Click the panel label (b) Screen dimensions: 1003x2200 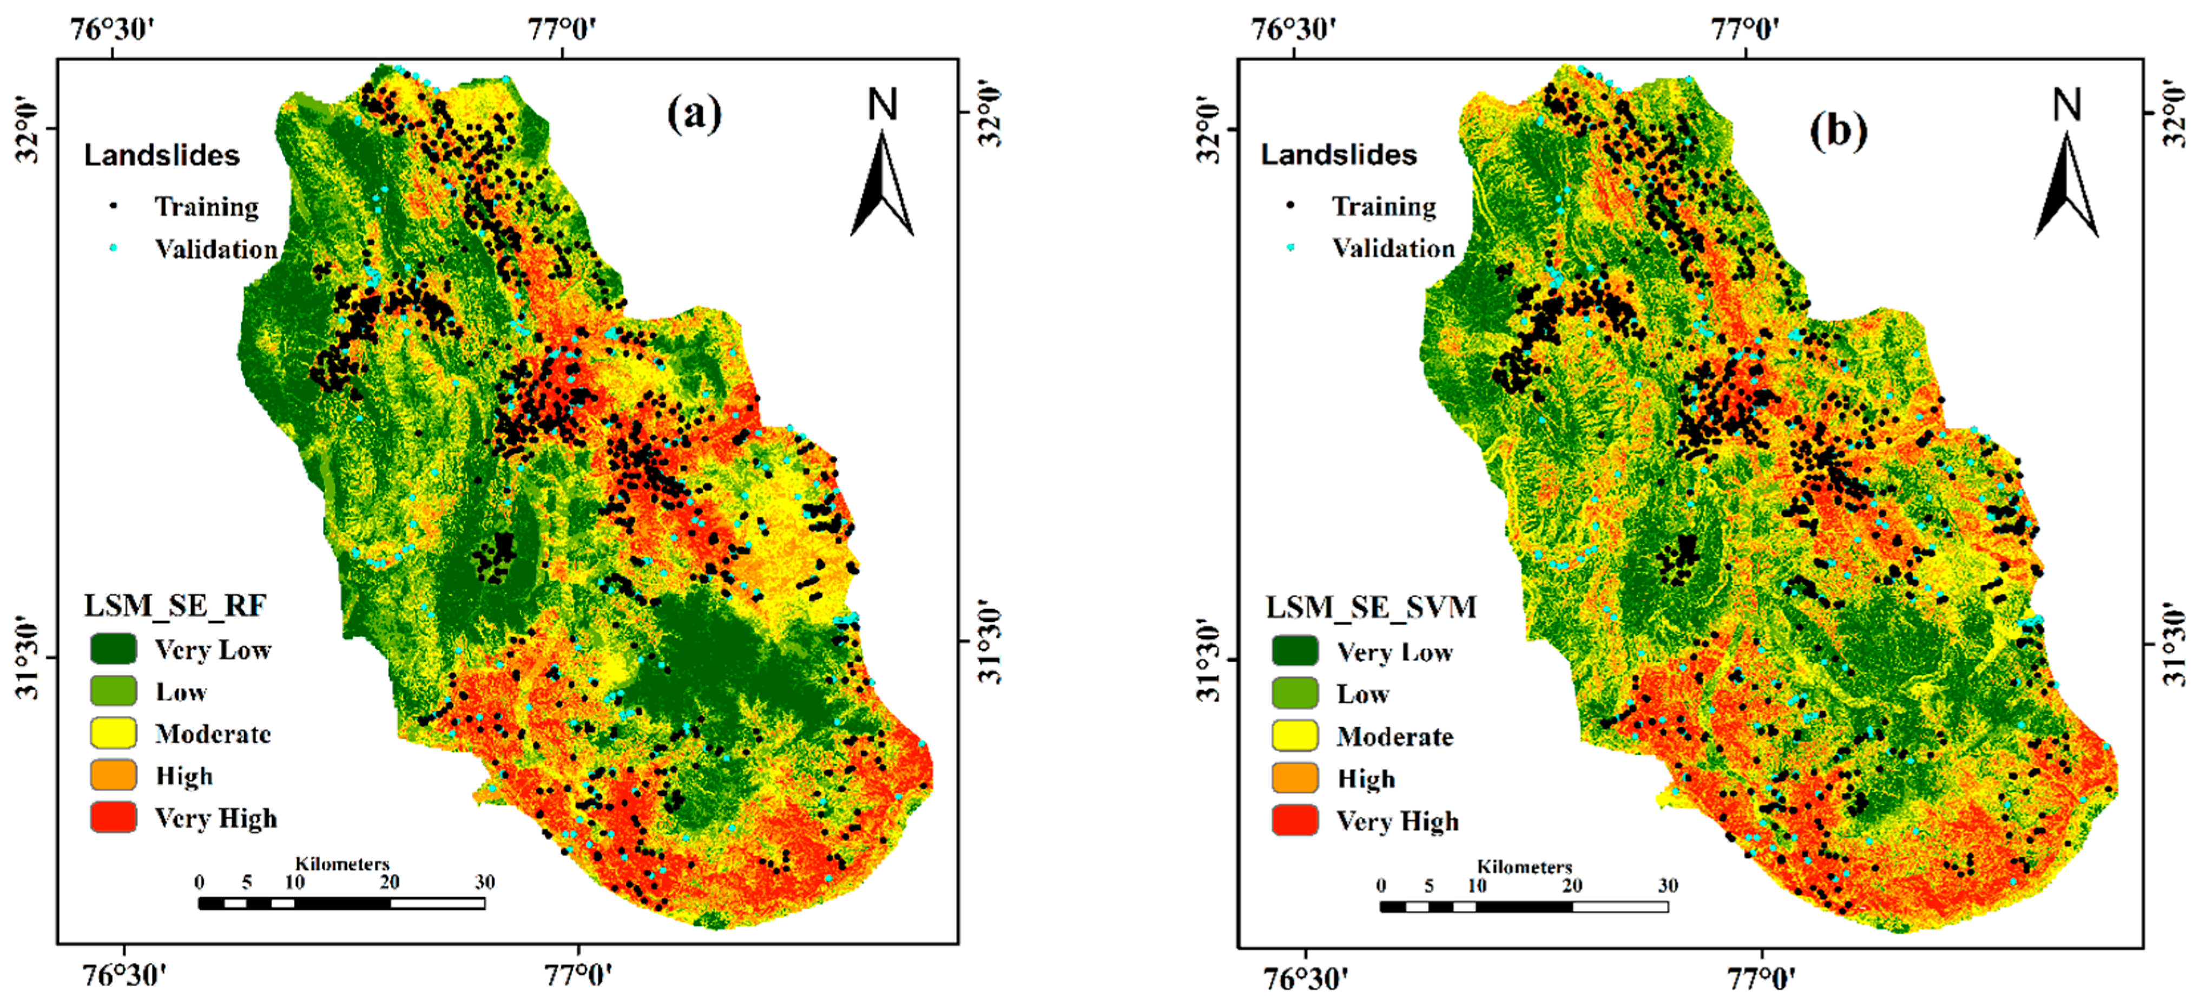tap(1838, 130)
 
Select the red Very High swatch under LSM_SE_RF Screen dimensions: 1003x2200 tap(114, 817)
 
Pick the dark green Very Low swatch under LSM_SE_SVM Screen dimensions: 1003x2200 tap(1295, 651)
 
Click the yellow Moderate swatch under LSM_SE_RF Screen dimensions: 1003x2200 tap(114, 733)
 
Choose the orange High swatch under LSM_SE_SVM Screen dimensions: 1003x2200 tap(1295, 778)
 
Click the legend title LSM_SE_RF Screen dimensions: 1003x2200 tap(175, 606)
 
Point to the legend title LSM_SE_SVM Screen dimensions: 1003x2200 tap(1371, 607)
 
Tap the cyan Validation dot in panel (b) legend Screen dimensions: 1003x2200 tap(1290, 248)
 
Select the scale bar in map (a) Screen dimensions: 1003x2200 tap(341, 903)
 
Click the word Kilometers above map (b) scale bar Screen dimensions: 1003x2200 tap(1524, 867)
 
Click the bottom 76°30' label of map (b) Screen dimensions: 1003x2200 tap(1307, 978)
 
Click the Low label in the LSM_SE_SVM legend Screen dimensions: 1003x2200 tap(1363, 694)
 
